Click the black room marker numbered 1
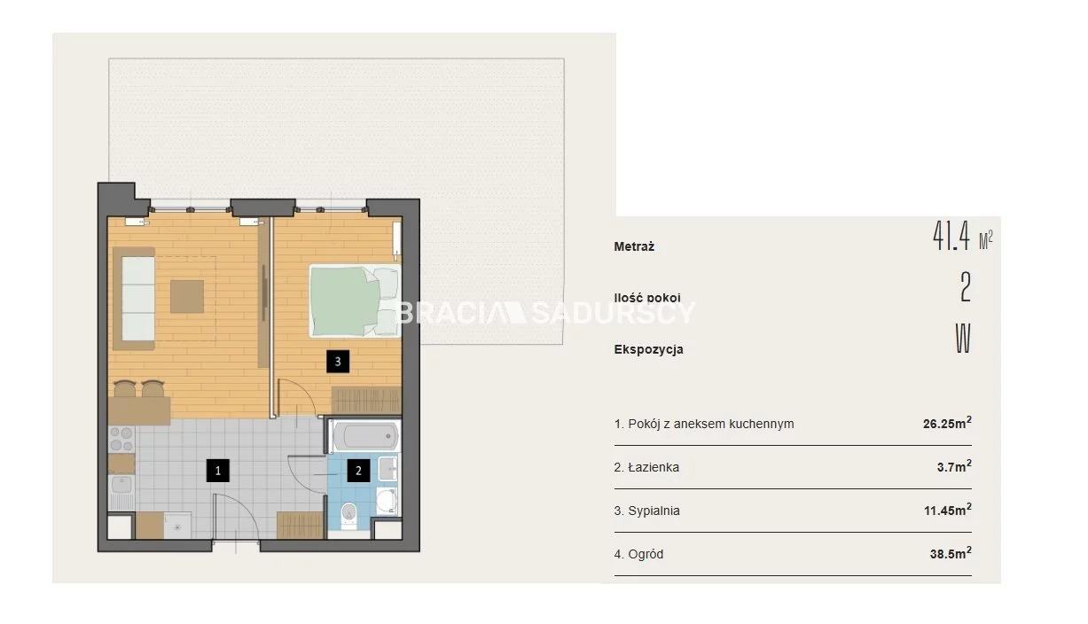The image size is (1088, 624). [x=217, y=470]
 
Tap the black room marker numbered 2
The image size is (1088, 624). [x=358, y=470]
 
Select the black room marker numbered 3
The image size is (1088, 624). [x=338, y=362]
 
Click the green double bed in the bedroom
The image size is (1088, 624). [x=355, y=300]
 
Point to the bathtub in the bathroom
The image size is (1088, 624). [x=365, y=435]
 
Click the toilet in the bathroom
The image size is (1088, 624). [x=348, y=515]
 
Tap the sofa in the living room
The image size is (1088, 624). [x=134, y=299]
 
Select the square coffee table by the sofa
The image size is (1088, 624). [x=187, y=296]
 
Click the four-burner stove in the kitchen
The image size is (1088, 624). [x=121, y=439]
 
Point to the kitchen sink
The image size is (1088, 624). [x=121, y=486]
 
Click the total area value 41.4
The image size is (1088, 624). [x=951, y=237]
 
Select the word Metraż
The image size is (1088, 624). [x=634, y=246]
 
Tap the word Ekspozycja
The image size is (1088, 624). [x=648, y=349]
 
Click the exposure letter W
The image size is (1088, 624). [x=963, y=339]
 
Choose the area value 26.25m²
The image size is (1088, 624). [x=947, y=423]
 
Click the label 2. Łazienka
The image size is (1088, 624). [x=646, y=467]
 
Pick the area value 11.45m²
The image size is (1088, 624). [x=948, y=510]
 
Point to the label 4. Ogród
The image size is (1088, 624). [x=638, y=554]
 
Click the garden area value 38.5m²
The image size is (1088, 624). [x=951, y=553]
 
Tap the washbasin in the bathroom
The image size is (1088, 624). [x=388, y=468]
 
